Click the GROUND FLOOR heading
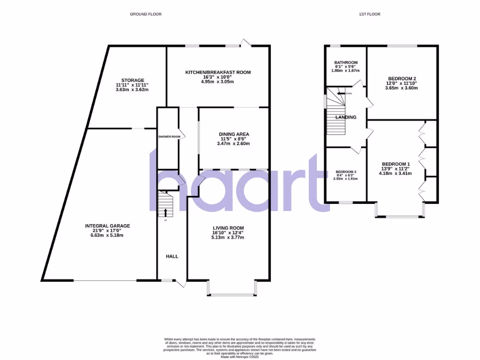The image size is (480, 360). [x=145, y=14]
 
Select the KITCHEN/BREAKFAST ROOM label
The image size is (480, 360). [x=218, y=72]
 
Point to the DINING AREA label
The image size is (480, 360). [x=235, y=134]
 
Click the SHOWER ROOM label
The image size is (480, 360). [x=169, y=137]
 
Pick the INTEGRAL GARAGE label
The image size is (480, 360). [x=107, y=226]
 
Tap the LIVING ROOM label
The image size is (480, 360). [x=228, y=228]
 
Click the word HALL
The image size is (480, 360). [x=172, y=256]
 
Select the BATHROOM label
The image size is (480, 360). [x=346, y=63]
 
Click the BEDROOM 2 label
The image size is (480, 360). [x=402, y=78]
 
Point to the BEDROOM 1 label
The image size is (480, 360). [x=395, y=164]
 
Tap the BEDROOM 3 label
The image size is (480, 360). [x=345, y=172]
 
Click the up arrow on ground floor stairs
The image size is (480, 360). [x=165, y=212]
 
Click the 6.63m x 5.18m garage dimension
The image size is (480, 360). [x=107, y=235]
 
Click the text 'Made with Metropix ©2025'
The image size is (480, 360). [x=240, y=357]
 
